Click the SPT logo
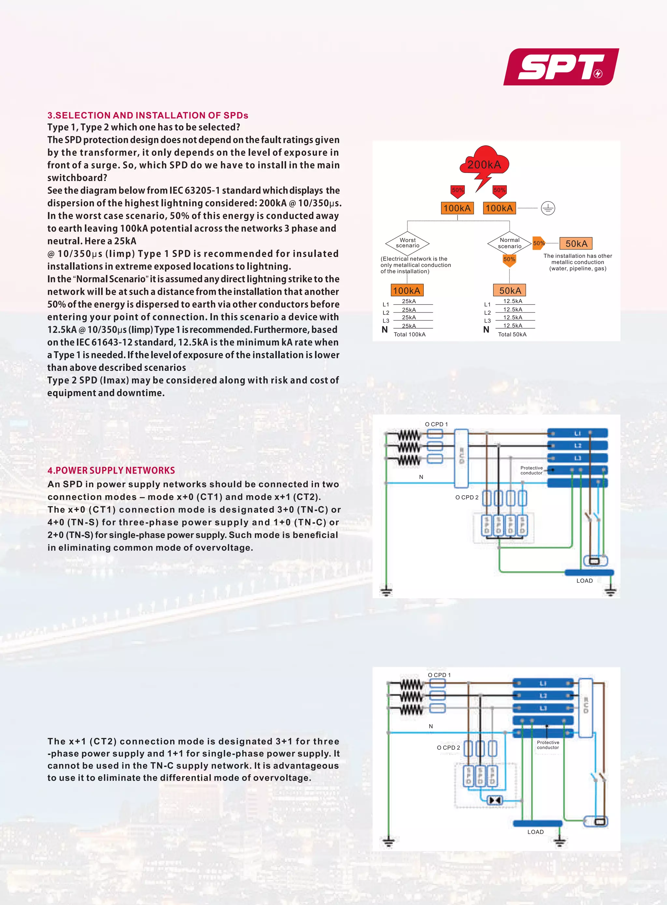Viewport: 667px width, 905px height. pos(561,67)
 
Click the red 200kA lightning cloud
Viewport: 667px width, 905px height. pos(484,163)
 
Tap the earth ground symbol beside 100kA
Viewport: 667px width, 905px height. pos(548,208)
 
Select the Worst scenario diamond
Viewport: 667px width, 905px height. pos(407,243)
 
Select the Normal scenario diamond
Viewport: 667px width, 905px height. pos(510,243)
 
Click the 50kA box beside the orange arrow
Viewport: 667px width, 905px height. pos(576,243)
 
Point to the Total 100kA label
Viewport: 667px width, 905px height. pos(409,334)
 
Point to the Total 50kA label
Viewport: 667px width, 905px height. pos(512,334)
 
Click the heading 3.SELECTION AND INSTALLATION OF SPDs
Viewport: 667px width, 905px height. pos(148,116)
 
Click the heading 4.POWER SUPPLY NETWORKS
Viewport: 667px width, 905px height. pos(111,470)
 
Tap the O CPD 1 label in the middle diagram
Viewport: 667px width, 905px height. pos(436,424)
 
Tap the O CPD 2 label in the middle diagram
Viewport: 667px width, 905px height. pos(467,497)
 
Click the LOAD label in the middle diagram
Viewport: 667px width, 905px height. pos(584,580)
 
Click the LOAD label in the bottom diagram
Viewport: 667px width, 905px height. pos(535,832)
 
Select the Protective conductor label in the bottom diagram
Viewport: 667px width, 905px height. pos(548,745)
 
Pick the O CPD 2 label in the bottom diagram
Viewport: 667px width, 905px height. pos(448,748)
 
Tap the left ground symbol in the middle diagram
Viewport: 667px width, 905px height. pos(386,592)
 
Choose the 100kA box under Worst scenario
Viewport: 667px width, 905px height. pos(406,290)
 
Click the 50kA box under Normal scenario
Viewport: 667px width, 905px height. pos(510,290)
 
